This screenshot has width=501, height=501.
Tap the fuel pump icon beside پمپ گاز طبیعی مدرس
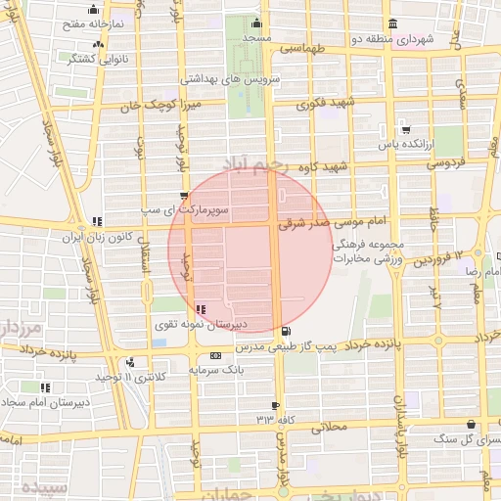(285, 332)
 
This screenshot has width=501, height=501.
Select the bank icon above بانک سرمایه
(215, 355)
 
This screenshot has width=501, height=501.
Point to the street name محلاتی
(329, 427)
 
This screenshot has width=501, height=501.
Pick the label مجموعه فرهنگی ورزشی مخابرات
(368, 250)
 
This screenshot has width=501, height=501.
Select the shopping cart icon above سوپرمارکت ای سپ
(184, 196)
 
